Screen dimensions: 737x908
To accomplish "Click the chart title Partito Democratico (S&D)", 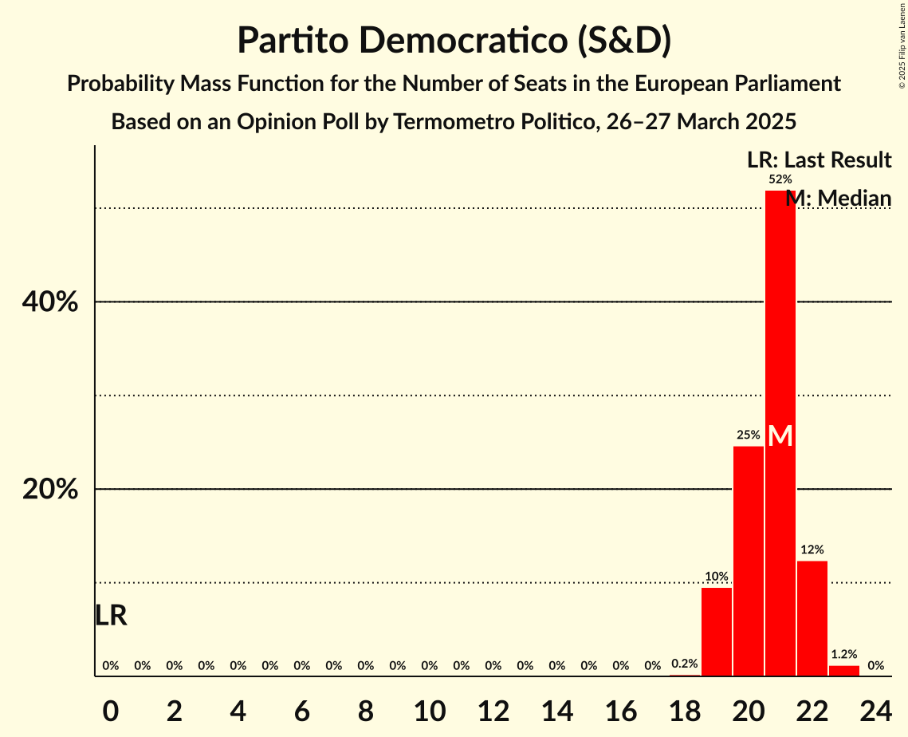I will tap(454, 41).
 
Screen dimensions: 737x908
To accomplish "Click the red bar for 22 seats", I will tap(812, 618).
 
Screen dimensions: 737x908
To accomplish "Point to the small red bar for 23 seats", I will tap(844, 671).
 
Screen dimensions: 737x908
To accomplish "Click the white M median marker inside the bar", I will tap(780, 436).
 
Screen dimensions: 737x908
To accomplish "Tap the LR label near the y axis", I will tap(111, 616).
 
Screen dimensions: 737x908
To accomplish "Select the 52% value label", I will tap(780, 179).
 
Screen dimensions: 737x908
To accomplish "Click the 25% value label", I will tap(749, 435).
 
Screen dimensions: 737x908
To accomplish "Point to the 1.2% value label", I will tap(844, 654).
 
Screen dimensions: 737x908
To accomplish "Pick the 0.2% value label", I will tap(685, 664).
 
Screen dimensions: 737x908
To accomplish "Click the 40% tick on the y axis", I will tap(50, 302).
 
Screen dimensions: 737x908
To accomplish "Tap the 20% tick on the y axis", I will tap(50, 490).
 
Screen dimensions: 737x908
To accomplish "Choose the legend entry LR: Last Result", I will tap(819, 160).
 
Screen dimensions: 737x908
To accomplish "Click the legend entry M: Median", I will tap(838, 198).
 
